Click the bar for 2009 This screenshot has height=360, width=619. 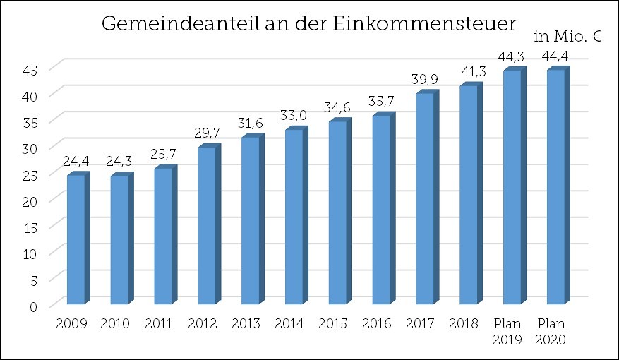click(76, 240)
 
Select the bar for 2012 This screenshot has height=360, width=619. click(207, 226)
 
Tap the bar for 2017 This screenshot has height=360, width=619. click(425, 199)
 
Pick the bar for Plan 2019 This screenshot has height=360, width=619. click(512, 188)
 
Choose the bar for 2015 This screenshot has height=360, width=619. click(337, 213)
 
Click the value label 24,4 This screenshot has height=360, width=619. click(76, 162)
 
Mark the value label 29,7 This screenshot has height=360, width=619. click(208, 133)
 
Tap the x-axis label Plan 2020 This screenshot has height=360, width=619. click(551, 331)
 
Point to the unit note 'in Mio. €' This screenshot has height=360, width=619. click(567, 38)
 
